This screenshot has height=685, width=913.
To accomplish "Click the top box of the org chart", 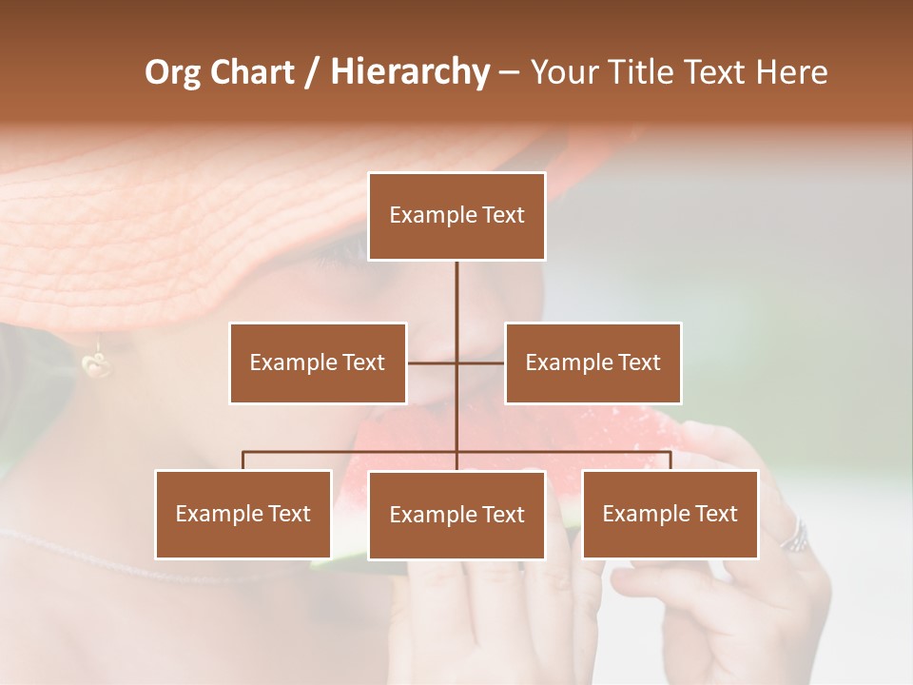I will pos(456,216).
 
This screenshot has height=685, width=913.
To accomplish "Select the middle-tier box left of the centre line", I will pos(318,362).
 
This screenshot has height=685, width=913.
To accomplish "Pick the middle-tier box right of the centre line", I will pos(592,362).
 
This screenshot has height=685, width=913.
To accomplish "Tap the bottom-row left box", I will pos(243,514).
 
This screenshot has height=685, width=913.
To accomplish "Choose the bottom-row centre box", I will pos(456,515).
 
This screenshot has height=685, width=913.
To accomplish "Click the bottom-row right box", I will pos(670,514).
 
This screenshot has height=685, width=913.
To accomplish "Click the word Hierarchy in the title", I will pos(410,72).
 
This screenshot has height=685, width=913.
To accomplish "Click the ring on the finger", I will pos(793,536).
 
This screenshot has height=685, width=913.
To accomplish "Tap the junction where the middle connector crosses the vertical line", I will pos(456,362).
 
